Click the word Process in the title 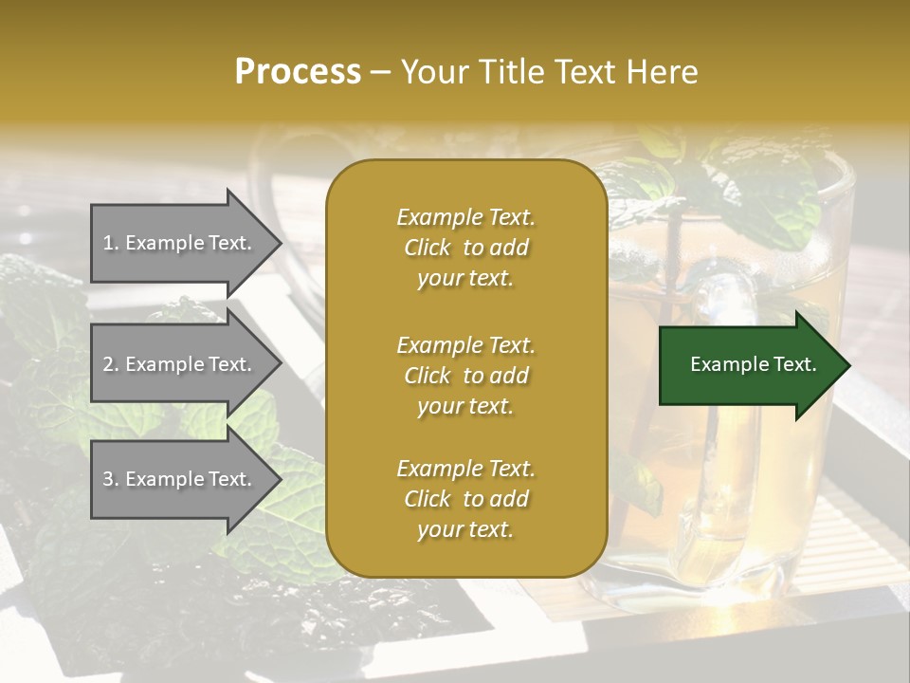298,72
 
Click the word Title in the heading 510,72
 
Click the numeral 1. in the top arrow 111,243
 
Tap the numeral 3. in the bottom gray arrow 111,479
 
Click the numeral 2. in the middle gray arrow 111,364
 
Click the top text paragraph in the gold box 465,248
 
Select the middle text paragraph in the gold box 465,376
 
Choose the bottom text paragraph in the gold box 465,499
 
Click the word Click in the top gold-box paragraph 428,248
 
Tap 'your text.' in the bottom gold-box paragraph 465,530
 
